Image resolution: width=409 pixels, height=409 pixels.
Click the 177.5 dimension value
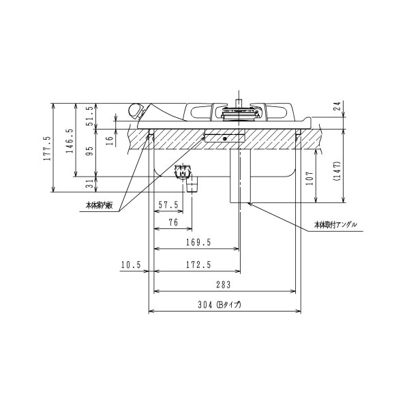(x=47, y=149)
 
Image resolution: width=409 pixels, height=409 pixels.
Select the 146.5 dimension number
(x=70, y=140)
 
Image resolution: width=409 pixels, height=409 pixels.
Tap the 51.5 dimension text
(x=89, y=116)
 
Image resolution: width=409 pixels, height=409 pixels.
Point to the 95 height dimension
(x=89, y=151)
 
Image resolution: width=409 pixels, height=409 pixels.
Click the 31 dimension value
(x=89, y=184)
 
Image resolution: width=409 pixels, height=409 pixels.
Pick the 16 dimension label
(x=110, y=141)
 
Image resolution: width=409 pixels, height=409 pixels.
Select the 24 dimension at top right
(x=337, y=106)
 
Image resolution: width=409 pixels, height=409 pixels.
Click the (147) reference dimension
(x=337, y=171)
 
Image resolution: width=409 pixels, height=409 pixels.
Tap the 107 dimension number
(x=309, y=178)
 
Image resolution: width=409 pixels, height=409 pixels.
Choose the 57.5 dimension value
(x=168, y=204)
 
